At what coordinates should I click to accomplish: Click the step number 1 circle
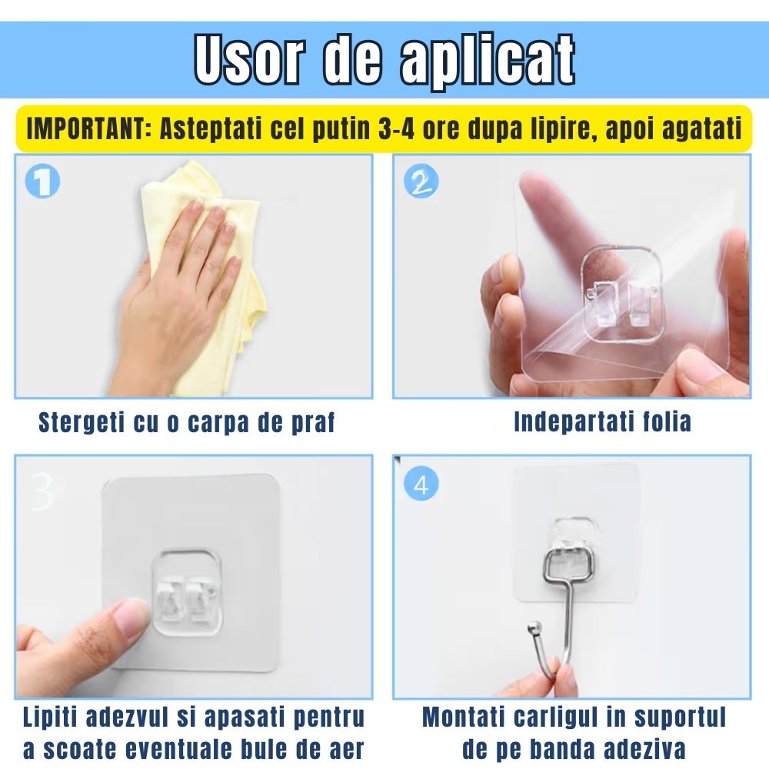tap(42, 182)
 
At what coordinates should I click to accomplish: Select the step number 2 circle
tap(421, 182)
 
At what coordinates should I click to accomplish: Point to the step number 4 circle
tap(421, 484)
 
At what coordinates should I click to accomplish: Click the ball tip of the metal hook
tap(531, 631)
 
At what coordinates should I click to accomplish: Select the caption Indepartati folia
tap(602, 421)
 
